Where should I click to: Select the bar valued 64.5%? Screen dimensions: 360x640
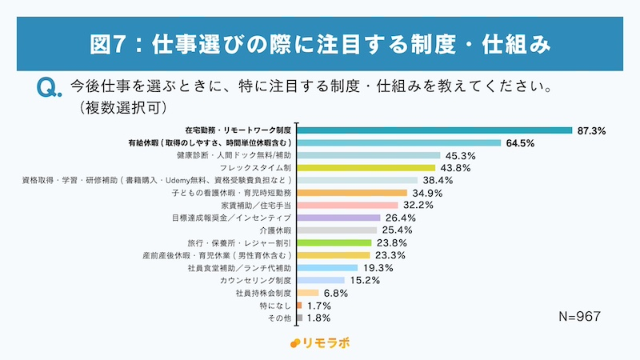pos(399,143)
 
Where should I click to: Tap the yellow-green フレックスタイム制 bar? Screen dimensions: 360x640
pos(366,168)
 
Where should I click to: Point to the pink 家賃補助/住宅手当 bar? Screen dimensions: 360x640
pos(348,206)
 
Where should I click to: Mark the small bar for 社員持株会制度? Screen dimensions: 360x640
pos(308,293)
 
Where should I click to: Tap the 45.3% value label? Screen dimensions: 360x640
pos(462,156)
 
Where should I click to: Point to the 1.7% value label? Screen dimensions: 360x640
pos(320,306)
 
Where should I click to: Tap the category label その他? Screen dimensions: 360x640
pos(278,318)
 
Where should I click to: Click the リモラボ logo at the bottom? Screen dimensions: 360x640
pos(320,343)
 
